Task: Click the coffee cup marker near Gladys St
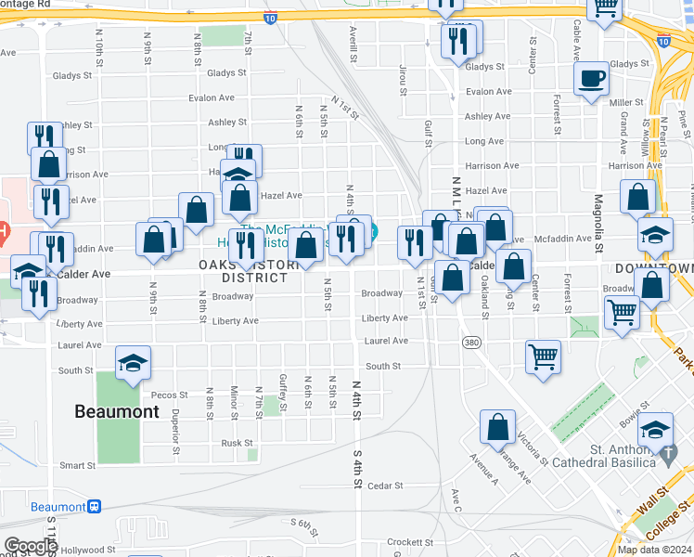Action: pyautogui.click(x=591, y=78)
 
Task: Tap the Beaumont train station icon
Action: pyautogui.click(x=95, y=507)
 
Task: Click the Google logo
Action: pyautogui.click(x=30, y=546)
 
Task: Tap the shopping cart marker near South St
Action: pyautogui.click(x=543, y=356)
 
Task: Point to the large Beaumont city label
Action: pyautogui.click(x=118, y=410)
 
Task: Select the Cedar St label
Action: pyautogui.click(x=384, y=486)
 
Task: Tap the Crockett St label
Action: pyautogui.click(x=410, y=542)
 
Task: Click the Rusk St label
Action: pyautogui.click(x=238, y=443)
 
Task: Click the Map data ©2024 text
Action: pyautogui.click(x=653, y=550)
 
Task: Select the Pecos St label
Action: pyautogui.click(x=169, y=395)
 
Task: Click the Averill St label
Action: pyautogui.click(x=353, y=39)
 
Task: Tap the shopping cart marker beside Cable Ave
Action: pyautogui.click(x=604, y=9)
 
